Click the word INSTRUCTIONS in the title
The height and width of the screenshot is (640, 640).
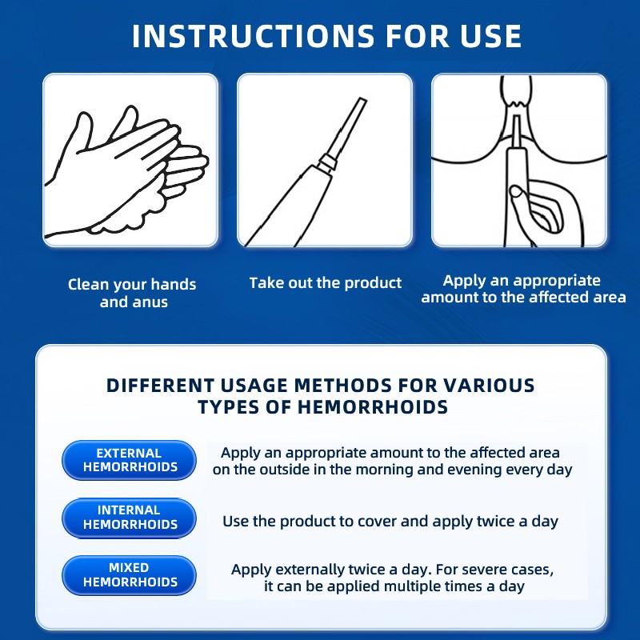point(253,36)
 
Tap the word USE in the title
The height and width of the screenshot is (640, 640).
point(490,36)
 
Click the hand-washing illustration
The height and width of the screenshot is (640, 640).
point(127,170)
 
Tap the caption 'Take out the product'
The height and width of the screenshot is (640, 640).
point(326,283)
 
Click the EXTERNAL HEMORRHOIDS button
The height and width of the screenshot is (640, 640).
point(130,460)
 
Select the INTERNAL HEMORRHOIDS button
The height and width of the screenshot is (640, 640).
point(130,518)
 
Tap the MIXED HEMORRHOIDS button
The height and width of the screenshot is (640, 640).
point(130,575)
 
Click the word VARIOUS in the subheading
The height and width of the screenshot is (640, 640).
point(489,386)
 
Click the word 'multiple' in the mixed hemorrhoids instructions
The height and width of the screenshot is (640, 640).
point(413,586)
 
